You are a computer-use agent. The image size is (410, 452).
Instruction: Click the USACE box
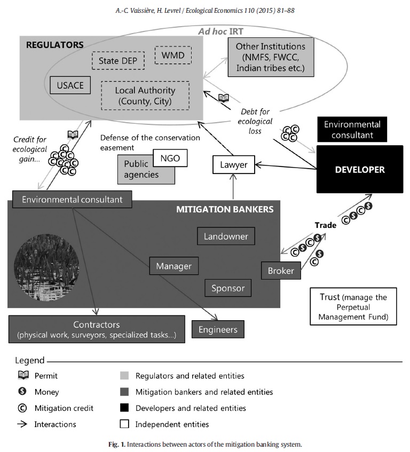pos(70,85)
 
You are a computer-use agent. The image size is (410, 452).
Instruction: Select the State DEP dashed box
pos(118,60)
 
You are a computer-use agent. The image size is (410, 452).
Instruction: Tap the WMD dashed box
pos(173,55)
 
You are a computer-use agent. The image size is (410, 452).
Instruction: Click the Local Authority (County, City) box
pos(145,96)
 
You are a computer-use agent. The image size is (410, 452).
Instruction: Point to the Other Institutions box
pos(271,57)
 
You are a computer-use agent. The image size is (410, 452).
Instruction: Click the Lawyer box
pos(233,164)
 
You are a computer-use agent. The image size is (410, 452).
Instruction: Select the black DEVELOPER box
pos(360,169)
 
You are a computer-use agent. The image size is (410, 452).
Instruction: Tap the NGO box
pos(170,158)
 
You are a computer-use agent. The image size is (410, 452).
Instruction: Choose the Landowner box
pos(226,236)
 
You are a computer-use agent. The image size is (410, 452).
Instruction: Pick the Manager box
pos(174,266)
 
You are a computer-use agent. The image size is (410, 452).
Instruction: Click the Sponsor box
pos(228,288)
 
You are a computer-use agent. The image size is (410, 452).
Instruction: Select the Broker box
pos(281,271)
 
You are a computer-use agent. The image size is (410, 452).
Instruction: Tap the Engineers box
pos(218,329)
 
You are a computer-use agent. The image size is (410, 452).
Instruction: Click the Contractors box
pos(97,329)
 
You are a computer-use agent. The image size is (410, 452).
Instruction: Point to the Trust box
pos(353,306)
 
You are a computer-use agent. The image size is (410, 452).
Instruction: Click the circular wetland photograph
pos(46,267)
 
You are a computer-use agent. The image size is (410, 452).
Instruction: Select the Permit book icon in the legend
pos(23,375)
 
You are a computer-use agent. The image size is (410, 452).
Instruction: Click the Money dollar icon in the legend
pos(22,391)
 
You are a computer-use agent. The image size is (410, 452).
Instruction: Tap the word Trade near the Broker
pos(326,225)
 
